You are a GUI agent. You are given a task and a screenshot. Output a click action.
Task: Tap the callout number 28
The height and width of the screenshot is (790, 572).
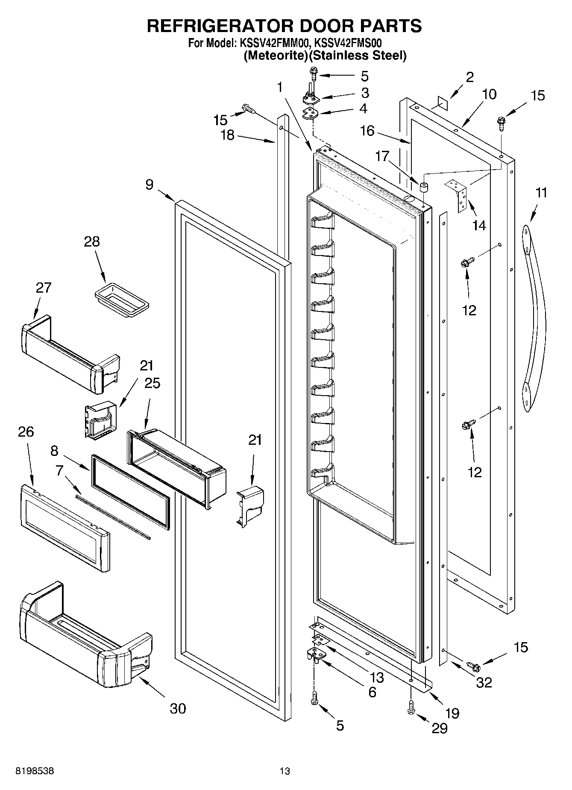click(92, 242)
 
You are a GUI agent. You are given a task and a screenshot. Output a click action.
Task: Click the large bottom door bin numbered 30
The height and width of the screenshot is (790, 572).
click(81, 637)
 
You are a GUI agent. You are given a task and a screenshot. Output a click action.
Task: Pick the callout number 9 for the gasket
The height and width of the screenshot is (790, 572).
click(149, 185)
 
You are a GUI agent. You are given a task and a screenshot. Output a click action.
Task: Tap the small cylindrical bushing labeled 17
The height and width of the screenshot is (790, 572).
click(424, 187)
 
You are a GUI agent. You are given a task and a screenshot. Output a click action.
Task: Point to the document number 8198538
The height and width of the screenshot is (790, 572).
click(35, 771)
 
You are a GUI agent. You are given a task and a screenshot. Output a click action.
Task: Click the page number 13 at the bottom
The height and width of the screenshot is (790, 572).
click(285, 771)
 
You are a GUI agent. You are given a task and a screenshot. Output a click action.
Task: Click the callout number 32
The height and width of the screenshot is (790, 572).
click(484, 683)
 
